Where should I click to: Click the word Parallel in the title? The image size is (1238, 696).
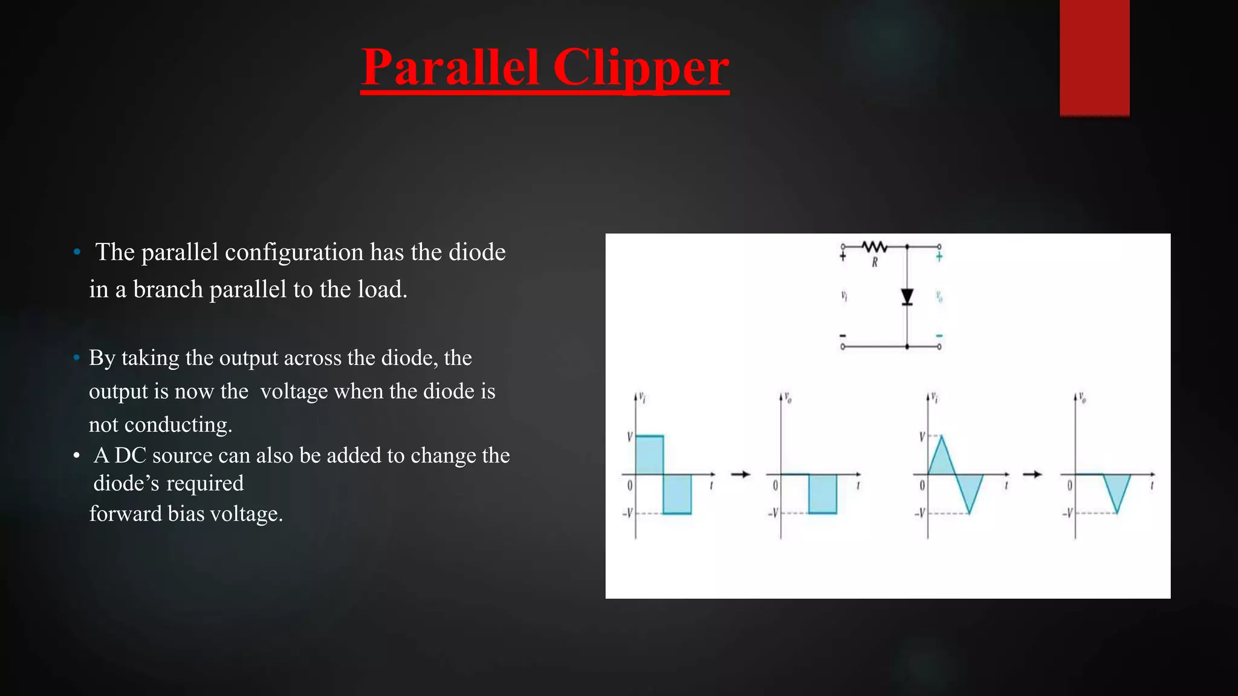pyautogui.click(x=450, y=68)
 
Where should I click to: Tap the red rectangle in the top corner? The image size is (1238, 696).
pyautogui.click(x=1094, y=57)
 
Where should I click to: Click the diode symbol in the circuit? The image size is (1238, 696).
pyautogui.click(x=907, y=297)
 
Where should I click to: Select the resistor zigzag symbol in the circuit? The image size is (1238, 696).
pyautogui.click(x=874, y=246)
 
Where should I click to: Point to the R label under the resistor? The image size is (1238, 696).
pyautogui.click(x=874, y=263)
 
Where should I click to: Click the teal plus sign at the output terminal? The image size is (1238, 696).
pyautogui.click(x=939, y=257)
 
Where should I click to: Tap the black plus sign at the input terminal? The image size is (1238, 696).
pyautogui.click(x=843, y=257)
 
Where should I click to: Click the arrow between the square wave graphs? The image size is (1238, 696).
pyautogui.click(x=741, y=474)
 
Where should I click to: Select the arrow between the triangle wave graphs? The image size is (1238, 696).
pyautogui.click(x=1032, y=474)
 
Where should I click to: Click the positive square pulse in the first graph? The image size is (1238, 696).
pyautogui.click(x=650, y=454)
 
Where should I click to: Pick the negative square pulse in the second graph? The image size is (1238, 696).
pyautogui.click(x=823, y=494)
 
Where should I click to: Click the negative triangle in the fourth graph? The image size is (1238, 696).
pyautogui.click(x=1116, y=489)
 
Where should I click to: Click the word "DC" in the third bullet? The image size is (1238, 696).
pyautogui.click(x=131, y=456)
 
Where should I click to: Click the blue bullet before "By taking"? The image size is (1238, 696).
pyautogui.click(x=77, y=358)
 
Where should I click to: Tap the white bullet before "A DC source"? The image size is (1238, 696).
pyautogui.click(x=77, y=456)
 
